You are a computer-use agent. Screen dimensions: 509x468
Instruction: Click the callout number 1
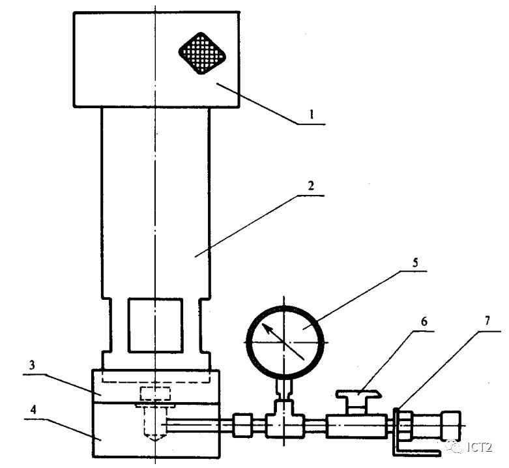point(312,115)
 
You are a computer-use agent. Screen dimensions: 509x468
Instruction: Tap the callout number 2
point(311,186)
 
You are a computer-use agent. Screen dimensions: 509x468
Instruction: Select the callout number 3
point(32,365)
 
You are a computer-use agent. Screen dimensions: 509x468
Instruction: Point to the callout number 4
point(33,410)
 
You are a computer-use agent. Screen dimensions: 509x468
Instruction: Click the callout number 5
point(415,261)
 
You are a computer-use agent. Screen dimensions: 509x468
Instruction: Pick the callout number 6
point(424,321)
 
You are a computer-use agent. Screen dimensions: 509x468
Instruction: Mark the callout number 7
point(487,321)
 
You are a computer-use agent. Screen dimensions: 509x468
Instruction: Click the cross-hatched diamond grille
point(202,53)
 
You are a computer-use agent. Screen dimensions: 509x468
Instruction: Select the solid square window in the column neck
point(156,325)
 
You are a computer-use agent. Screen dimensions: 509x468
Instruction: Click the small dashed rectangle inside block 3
point(155,394)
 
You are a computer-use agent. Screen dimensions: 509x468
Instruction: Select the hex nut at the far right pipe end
point(450,426)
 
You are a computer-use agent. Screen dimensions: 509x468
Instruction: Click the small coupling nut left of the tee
point(243,425)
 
